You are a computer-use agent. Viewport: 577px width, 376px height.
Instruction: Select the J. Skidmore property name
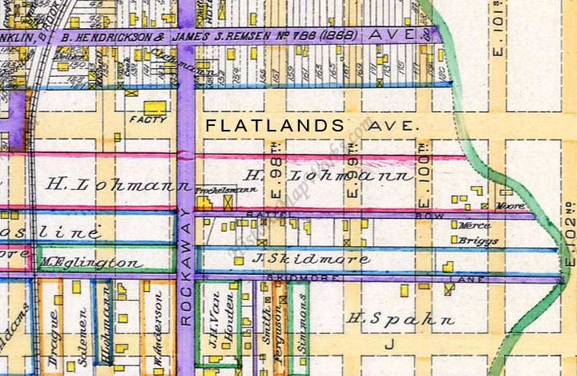click(x=311, y=259)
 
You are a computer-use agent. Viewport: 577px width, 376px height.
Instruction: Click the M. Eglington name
click(x=91, y=262)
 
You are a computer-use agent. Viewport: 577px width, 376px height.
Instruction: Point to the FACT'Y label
click(x=152, y=120)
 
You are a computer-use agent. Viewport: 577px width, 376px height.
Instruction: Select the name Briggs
click(x=478, y=241)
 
